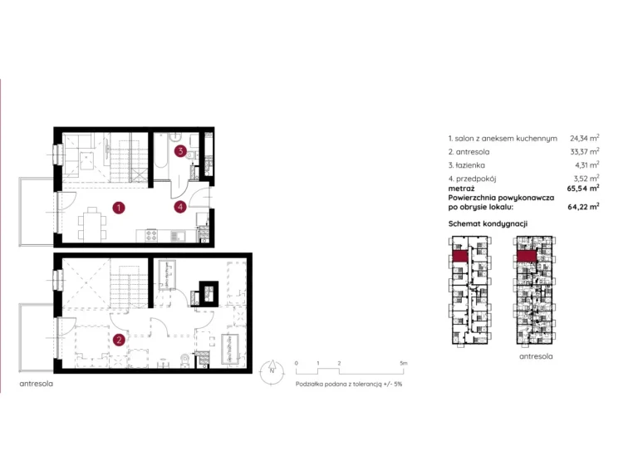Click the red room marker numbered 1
click(x=119, y=208)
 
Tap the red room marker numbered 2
click(x=119, y=340)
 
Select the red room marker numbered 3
click(x=180, y=151)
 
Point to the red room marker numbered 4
click(x=179, y=207)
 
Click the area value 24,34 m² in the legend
click(x=584, y=138)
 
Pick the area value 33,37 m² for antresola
click(x=584, y=152)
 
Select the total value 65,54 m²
click(x=583, y=189)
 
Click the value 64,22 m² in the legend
click(x=583, y=207)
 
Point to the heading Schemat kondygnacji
click(x=488, y=223)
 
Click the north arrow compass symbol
click(x=272, y=372)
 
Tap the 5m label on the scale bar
click(x=403, y=363)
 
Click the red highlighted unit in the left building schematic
click(x=459, y=256)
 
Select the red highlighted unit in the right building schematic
click(x=527, y=256)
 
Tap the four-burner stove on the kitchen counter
click(x=151, y=235)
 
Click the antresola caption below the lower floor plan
click(x=37, y=384)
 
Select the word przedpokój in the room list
click(x=476, y=179)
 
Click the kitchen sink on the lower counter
click(x=178, y=235)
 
